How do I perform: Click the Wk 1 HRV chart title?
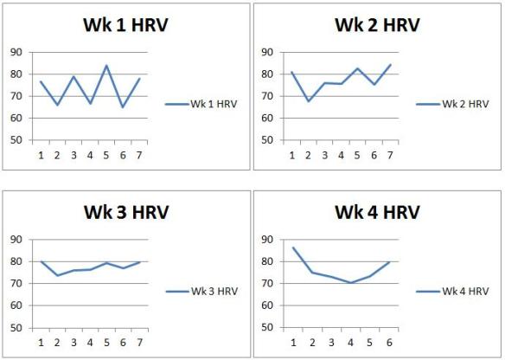point(125,25)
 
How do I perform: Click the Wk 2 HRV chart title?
point(377,25)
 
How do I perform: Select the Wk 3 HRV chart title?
point(125,212)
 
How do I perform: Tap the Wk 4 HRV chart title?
point(377,212)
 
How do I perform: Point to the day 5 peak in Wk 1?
point(106,65)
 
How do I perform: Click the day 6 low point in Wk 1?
point(123,106)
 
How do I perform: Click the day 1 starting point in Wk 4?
point(293,247)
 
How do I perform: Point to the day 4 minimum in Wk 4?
point(351,283)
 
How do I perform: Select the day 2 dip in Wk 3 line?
point(57,275)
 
